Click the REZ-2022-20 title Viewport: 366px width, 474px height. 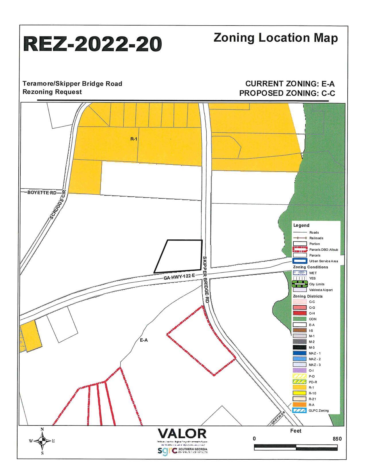(92, 44)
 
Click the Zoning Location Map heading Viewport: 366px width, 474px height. (276, 38)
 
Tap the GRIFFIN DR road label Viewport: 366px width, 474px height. (278, 418)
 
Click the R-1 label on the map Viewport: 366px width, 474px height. (134, 139)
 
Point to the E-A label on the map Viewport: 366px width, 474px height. (144, 340)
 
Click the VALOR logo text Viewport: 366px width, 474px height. (182, 434)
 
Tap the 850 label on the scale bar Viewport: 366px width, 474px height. (337, 439)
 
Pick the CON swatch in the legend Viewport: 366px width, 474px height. (299, 319)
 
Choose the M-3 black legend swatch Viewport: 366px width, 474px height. (299, 347)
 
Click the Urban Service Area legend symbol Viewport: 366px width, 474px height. (299, 261)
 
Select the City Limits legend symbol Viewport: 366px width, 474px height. (299, 284)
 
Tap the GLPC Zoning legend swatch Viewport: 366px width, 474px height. (299, 411)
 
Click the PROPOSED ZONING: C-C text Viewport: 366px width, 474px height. (287, 93)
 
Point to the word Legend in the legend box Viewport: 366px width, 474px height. (301, 225)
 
